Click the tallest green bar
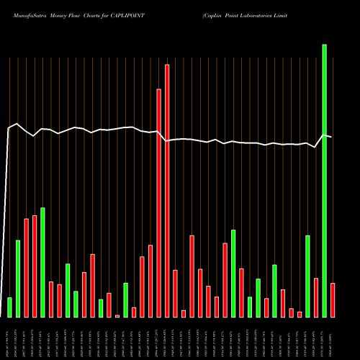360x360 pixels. (x=324, y=180)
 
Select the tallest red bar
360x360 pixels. (x=167, y=191)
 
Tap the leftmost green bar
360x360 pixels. (x=9, y=307)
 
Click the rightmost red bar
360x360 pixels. (x=333, y=300)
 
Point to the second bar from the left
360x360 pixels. (x=18, y=279)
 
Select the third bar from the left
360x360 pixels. (x=27, y=268)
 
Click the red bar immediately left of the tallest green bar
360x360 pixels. (x=316, y=297)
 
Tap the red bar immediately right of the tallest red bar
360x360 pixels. (x=175, y=294)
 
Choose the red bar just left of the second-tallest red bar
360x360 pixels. (x=150, y=281)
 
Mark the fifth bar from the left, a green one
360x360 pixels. (x=42, y=263)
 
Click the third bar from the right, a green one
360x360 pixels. (x=307, y=276)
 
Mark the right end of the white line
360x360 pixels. (x=331, y=136)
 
